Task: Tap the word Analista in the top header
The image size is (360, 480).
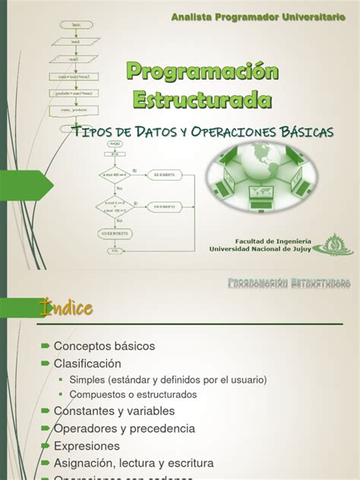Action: (193, 17)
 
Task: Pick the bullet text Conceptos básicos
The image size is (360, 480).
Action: (104, 346)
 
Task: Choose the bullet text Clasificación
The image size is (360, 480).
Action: (87, 363)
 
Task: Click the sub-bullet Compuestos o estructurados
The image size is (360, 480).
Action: (133, 394)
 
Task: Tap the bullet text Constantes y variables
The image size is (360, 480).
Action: (114, 410)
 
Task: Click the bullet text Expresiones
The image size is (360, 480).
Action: (87, 445)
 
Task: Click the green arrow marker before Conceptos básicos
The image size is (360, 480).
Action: (45, 346)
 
